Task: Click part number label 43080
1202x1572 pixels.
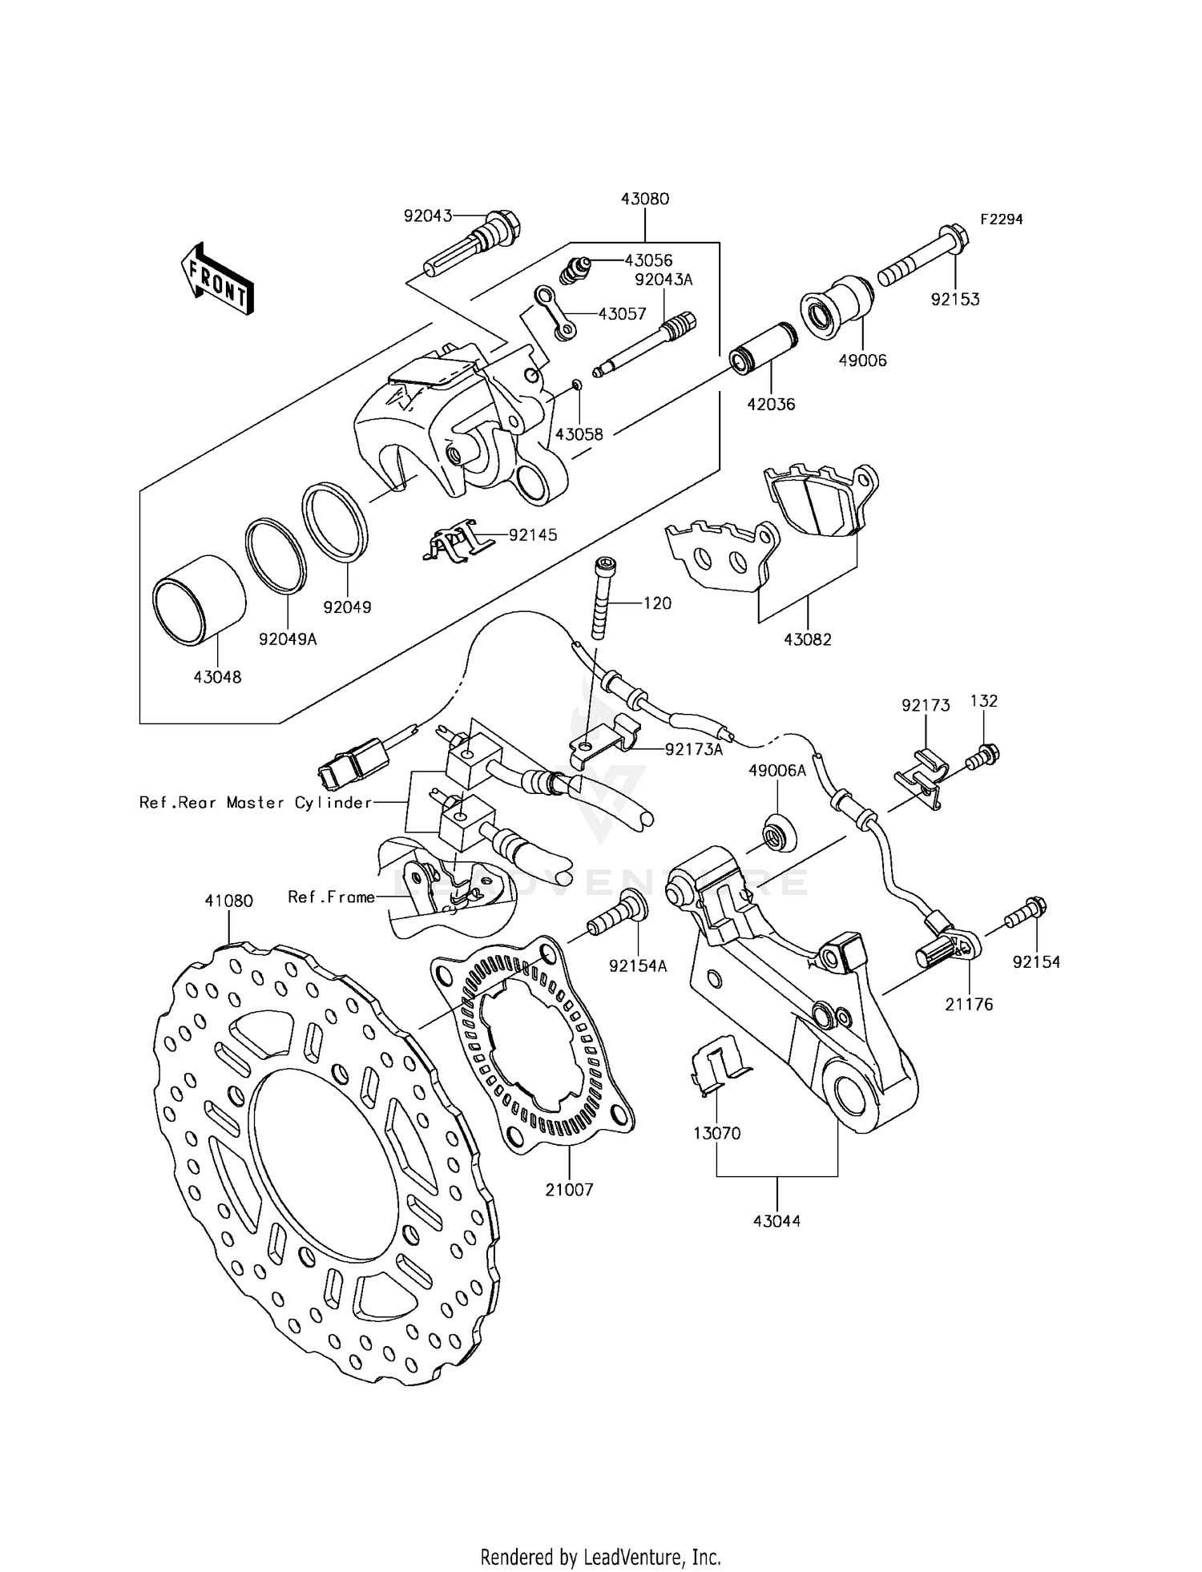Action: (644, 199)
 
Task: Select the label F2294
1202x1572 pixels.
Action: (1000, 219)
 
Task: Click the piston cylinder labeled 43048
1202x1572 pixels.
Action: (199, 600)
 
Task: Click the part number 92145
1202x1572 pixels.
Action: (533, 534)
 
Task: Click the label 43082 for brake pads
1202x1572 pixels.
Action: (807, 639)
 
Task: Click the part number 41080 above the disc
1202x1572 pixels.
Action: (228, 901)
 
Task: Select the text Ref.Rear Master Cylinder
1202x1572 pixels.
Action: (256, 802)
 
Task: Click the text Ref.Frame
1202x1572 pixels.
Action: (331, 897)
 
